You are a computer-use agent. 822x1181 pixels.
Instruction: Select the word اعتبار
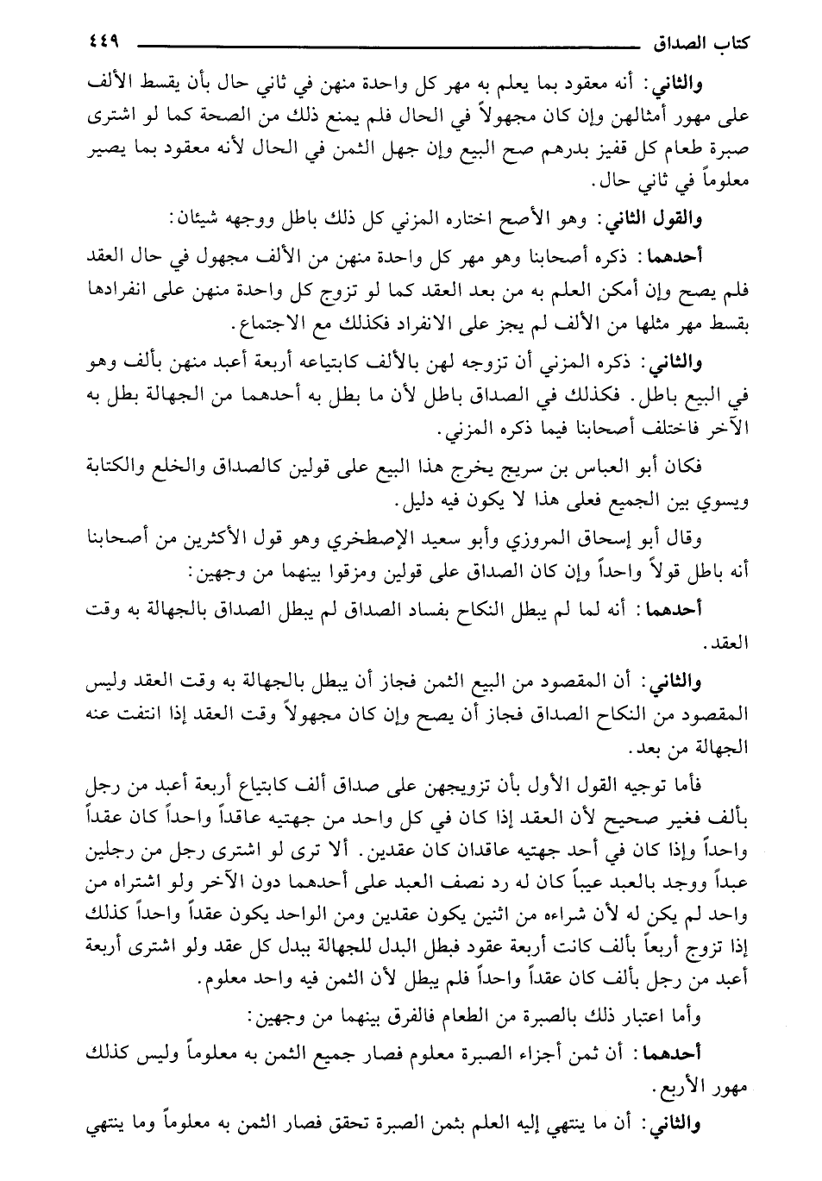coord(636,1018)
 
